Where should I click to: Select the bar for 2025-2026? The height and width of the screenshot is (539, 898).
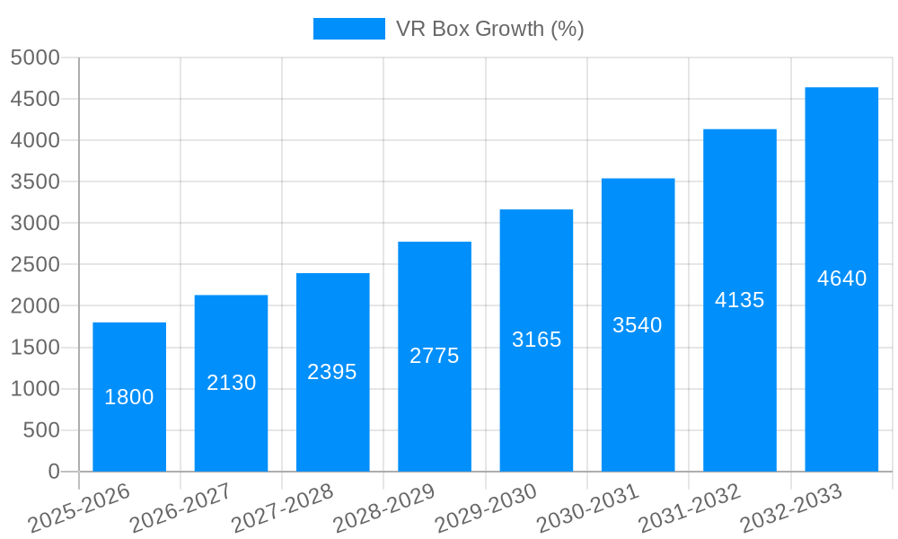point(129,431)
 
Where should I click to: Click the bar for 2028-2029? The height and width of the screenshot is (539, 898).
point(435,404)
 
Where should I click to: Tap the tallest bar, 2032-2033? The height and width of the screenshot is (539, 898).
point(841,359)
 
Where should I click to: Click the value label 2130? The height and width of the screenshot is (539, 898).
point(232,383)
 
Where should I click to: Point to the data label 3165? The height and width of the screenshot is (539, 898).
point(537,340)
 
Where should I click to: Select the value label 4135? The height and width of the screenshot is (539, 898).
point(740,300)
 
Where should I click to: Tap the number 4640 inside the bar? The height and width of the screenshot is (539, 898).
point(841,278)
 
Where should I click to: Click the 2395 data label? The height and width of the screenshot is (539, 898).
point(332,372)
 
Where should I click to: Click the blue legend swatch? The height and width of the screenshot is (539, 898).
point(348,29)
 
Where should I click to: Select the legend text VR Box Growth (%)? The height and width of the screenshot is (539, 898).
point(490,29)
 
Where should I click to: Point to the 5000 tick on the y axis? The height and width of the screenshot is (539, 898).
point(35,58)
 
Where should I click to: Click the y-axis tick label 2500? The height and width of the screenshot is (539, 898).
point(35,265)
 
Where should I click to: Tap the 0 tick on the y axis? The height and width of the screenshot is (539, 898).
point(54,472)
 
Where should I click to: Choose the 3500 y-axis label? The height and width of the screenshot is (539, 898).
point(35,182)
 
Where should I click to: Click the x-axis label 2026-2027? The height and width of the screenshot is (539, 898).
point(180,508)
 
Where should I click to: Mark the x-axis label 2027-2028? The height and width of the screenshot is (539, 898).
point(283,508)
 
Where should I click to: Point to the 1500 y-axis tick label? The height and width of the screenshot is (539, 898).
point(35,348)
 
